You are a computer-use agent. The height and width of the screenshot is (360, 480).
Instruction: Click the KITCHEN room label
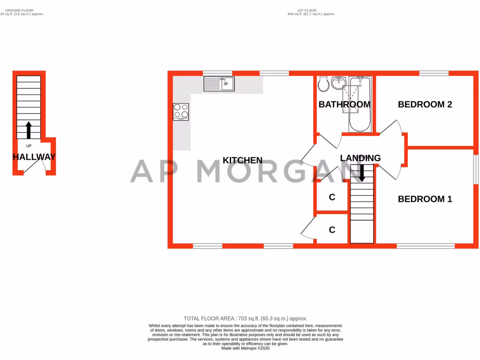click(242, 160)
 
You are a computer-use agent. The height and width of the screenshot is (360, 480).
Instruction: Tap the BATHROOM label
click(345, 105)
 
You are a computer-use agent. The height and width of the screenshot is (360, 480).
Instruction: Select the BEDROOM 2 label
click(425, 105)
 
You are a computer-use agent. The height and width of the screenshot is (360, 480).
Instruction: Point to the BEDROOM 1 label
click(425, 199)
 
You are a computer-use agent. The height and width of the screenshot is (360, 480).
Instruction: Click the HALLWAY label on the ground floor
click(34, 157)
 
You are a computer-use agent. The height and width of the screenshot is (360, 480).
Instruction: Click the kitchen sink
click(219, 84)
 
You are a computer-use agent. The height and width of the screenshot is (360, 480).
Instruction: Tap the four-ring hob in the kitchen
click(181, 111)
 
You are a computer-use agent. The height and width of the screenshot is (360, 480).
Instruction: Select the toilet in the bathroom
click(323, 84)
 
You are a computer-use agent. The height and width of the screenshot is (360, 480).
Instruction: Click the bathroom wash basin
click(338, 83)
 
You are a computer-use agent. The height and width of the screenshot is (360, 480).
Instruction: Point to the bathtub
click(360, 105)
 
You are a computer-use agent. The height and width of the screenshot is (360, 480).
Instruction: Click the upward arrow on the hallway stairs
click(29, 130)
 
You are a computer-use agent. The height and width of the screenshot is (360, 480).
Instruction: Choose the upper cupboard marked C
click(332, 197)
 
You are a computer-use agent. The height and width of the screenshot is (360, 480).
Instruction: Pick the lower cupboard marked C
click(332, 230)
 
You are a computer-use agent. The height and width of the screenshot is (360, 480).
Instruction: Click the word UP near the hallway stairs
click(29, 146)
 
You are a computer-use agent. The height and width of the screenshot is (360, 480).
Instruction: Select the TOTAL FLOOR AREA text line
click(245, 319)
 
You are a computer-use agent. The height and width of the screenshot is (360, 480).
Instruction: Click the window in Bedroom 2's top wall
click(434, 73)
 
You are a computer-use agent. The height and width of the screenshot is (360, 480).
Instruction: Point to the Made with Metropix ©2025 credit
click(246, 348)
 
